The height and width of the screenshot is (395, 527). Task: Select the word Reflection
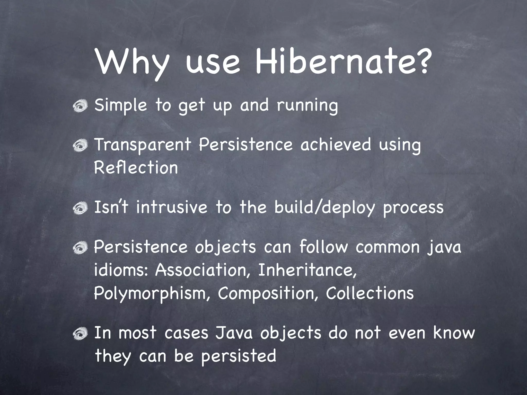(136, 167)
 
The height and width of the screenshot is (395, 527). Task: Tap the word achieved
(336, 145)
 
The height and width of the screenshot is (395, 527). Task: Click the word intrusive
(172, 207)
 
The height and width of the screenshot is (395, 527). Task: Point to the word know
(454, 333)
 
